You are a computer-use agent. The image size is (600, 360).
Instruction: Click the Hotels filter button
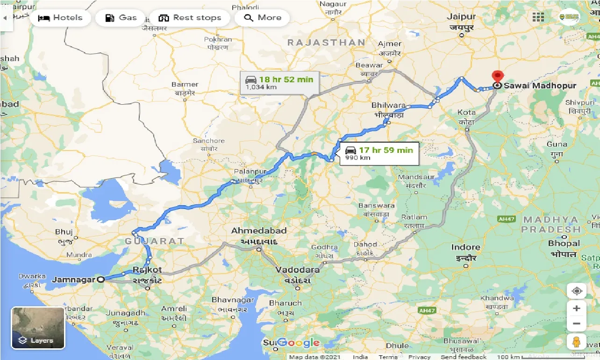[60, 18]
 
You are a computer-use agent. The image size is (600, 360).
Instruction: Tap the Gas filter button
[121, 18]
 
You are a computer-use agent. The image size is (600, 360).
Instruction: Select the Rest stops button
[189, 18]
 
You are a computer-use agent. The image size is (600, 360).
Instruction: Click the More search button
[263, 18]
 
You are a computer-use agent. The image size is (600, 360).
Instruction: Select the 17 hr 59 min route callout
[379, 153]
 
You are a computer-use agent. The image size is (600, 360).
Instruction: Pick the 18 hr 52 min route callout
[279, 83]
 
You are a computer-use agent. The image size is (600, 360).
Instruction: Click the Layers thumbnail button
[38, 328]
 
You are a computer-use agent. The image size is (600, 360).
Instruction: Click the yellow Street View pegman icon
[577, 341]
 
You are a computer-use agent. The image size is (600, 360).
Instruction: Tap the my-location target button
[577, 291]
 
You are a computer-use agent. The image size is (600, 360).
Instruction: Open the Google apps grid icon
[538, 17]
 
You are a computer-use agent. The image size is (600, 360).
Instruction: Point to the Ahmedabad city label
[258, 231]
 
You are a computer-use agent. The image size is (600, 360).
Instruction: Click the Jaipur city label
[461, 17]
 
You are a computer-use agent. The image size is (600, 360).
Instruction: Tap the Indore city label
[465, 247]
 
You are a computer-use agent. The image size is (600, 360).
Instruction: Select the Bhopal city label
[564, 244]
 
